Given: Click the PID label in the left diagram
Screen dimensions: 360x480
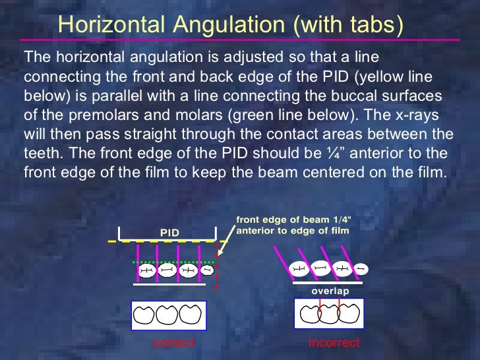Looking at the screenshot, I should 169,232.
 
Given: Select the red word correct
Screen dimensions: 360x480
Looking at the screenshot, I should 173,343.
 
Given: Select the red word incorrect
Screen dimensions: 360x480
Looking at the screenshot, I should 334,343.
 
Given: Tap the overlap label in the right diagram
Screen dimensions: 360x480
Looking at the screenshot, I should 330,290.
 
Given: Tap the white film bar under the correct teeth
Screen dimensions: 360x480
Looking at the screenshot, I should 169,285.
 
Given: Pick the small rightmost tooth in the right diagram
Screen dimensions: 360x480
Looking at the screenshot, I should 361,268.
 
